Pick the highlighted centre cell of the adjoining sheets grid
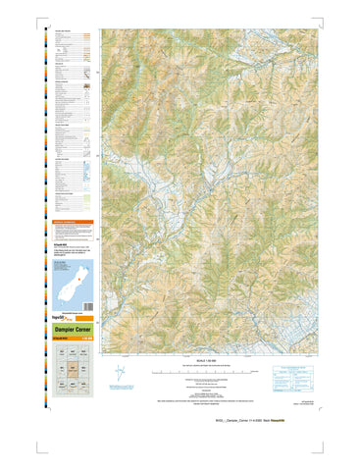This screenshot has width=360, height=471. [72, 370]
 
